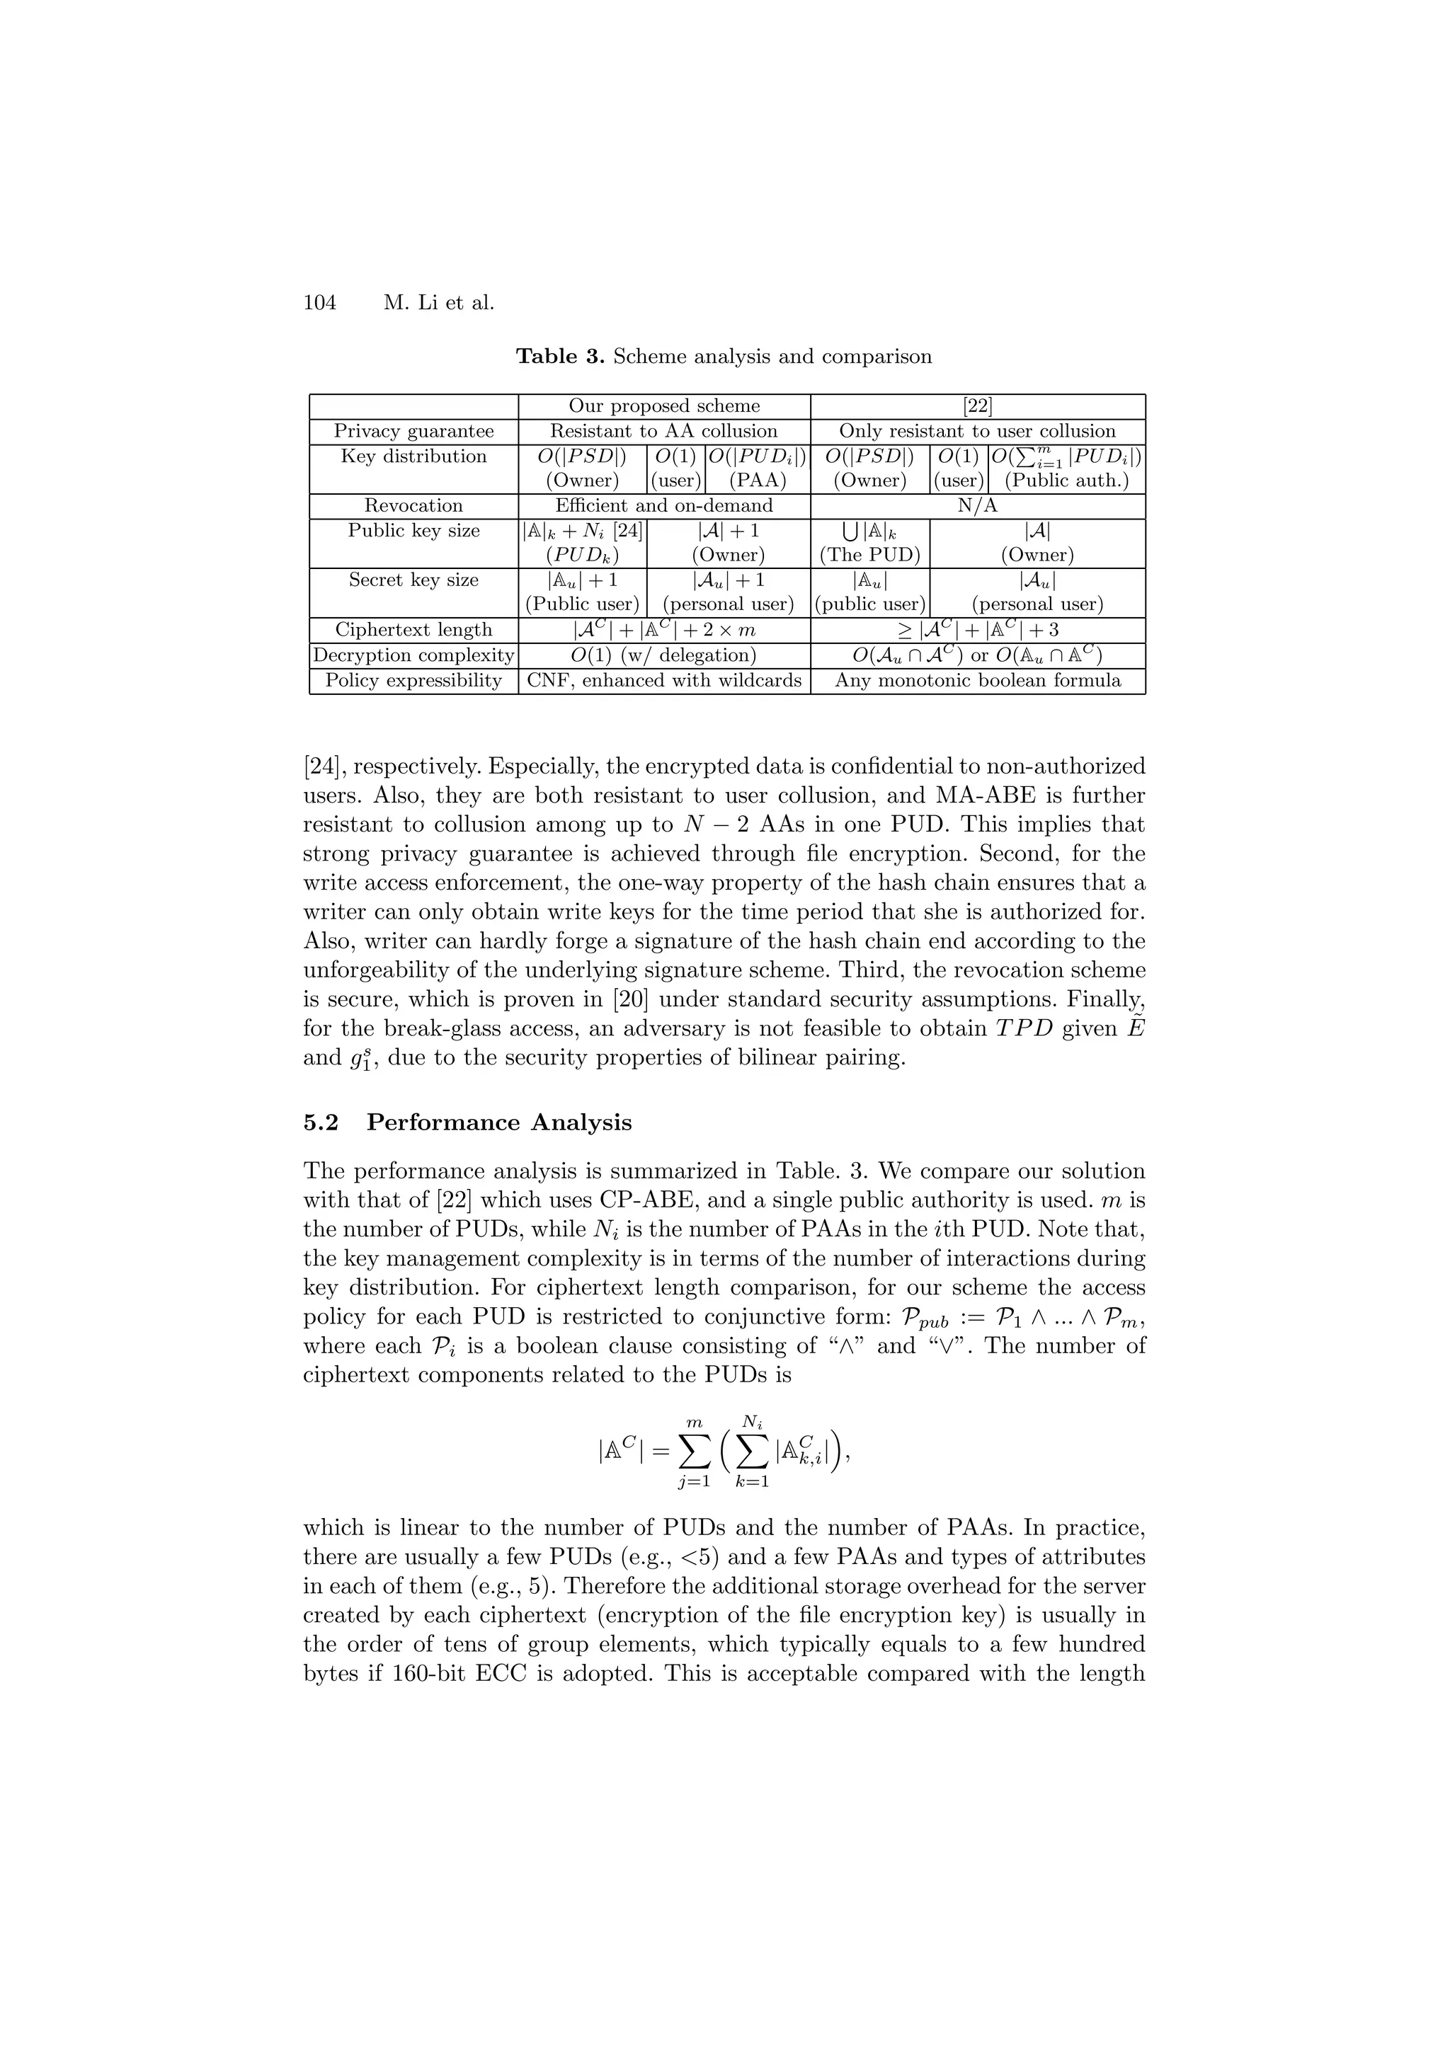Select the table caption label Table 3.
[x=560, y=357]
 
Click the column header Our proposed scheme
[x=664, y=406]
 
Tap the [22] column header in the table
[x=977, y=406]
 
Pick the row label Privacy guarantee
[x=413, y=432]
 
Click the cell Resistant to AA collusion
[x=664, y=432]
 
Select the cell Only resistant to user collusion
[x=977, y=432]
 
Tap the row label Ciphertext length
[x=413, y=630]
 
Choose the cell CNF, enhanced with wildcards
[x=664, y=681]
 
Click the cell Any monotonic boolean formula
[x=977, y=681]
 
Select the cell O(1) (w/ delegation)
[x=664, y=655]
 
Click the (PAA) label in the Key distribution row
[x=757, y=481]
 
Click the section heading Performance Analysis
[x=498, y=1123]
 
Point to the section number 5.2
[x=321, y=1123]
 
